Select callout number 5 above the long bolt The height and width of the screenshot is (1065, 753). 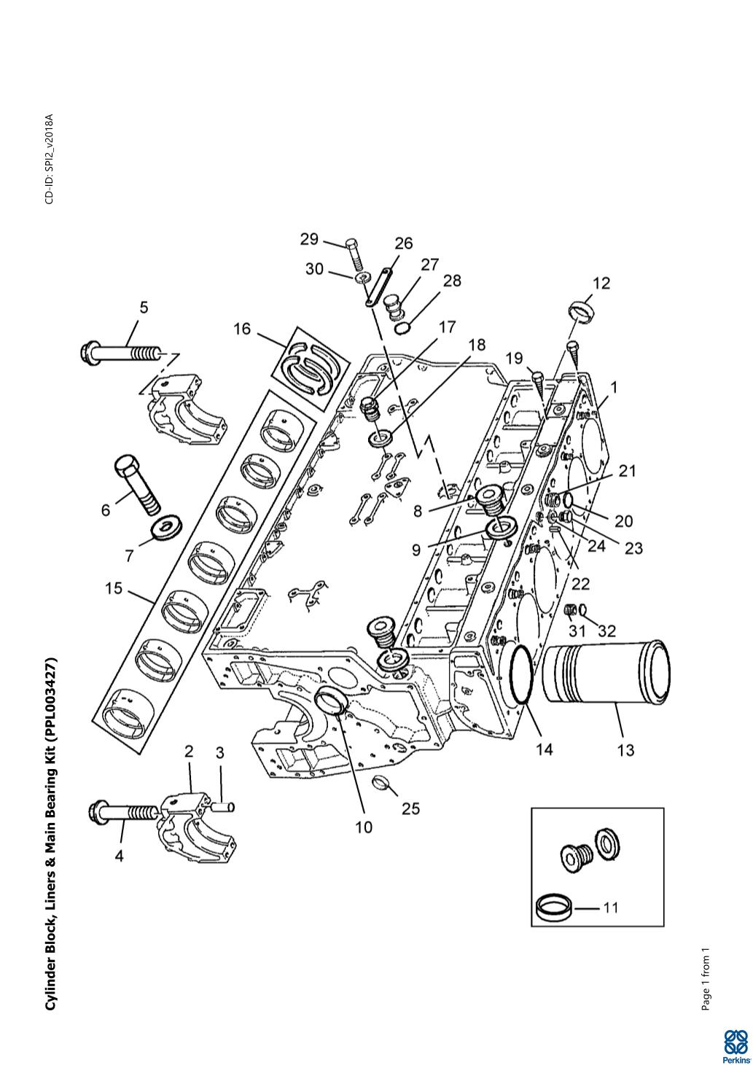click(144, 308)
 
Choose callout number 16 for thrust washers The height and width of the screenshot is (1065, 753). click(242, 328)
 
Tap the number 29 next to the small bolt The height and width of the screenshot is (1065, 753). click(309, 239)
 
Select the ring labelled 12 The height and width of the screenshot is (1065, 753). click(582, 311)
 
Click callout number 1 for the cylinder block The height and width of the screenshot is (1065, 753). click(614, 388)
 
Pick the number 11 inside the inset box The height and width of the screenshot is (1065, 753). click(611, 908)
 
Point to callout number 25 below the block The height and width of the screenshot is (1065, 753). click(411, 808)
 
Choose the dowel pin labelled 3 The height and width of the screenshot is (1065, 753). click(225, 806)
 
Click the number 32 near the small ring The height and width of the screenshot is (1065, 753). click(606, 631)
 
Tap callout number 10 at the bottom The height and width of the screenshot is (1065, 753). click(364, 827)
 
